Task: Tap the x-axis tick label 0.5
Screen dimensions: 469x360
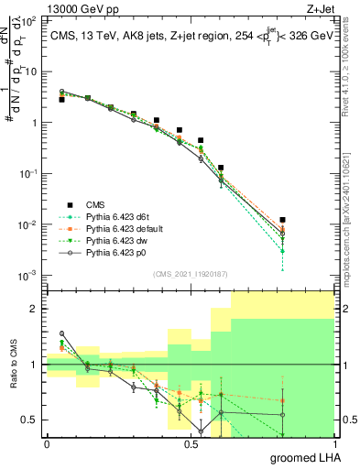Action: click(191, 443)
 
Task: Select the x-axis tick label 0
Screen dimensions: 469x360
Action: click(47, 443)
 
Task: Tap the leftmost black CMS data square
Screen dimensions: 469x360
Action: click(61, 99)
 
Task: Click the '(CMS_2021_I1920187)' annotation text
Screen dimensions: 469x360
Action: click(191, 274)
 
